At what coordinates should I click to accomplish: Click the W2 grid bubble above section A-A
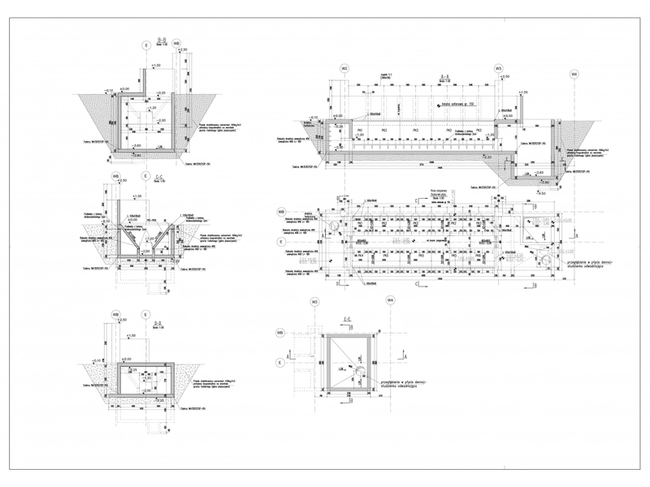[x=344, y=69]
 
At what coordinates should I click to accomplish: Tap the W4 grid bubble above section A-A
[x=574, y=75]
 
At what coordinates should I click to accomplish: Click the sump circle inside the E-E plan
[x=358, y=370]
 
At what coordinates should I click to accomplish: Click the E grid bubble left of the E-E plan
[x=279, y=363]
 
